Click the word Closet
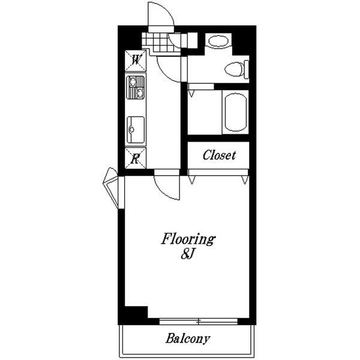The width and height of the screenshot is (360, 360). click(x=219, y=155)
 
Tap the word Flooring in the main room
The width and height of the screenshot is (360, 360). click(x=188, y=239)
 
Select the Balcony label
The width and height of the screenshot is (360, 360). click(x=188, y=338)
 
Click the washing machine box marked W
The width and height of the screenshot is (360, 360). click(x=136, y=61)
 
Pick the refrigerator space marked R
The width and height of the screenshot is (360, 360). click(x=136, y=158)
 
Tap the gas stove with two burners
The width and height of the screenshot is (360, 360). click(x=136, y=88)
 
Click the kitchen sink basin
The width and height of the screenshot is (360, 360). click(x=136, y=130)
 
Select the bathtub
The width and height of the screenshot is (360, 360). click(x=236, y=112)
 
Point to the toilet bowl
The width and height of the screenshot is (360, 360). click(x=234, y=69)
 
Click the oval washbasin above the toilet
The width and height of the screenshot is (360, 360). click(x=218, y=41)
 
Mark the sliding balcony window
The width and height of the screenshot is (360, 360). click(x=199, y=322)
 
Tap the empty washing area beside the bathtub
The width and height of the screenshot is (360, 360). click(x=205, y=112)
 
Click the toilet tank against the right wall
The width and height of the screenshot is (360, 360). click(x=247, y=69)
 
